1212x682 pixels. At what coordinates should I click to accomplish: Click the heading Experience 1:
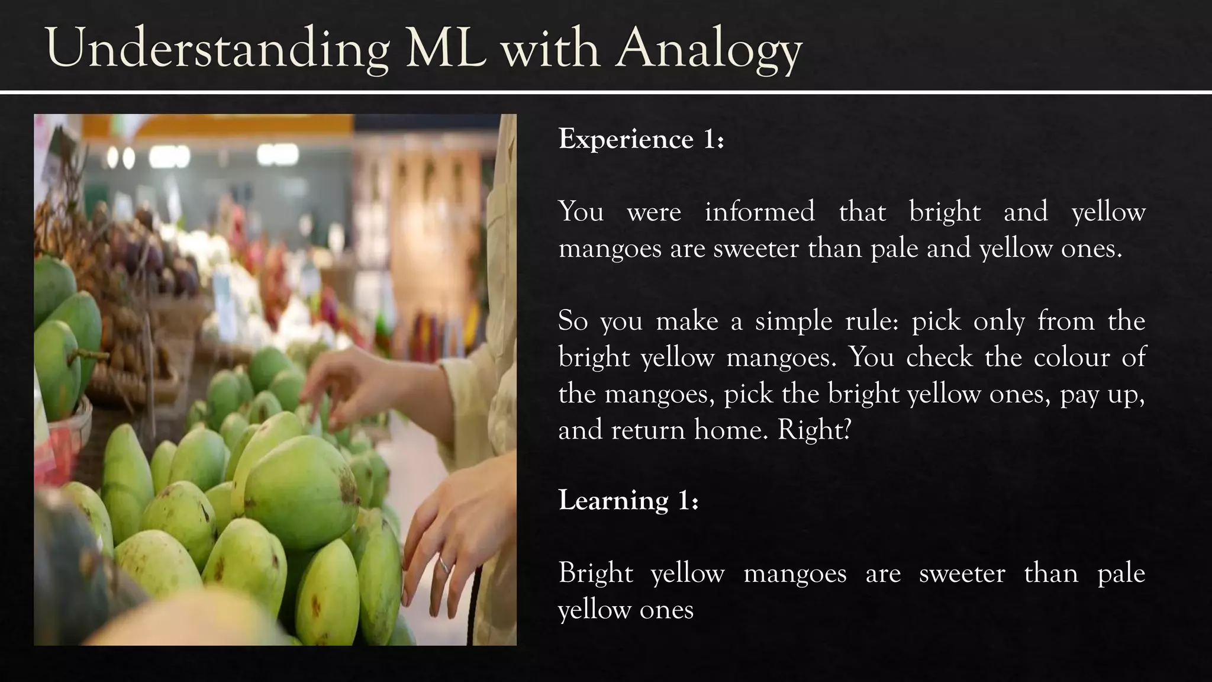pos(641,140)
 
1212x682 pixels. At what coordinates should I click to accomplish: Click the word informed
pos(759,212)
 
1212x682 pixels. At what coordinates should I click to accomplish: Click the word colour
pos(1072,358)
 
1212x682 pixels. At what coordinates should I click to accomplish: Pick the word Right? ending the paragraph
pos(814,430)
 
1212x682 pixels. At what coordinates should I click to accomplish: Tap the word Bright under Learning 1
pos(595,574)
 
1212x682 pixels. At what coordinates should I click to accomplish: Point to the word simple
pos(792,321)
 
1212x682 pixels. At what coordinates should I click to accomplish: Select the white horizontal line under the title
pos(606,92)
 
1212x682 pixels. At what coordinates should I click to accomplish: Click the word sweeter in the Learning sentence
pos(962,574)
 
